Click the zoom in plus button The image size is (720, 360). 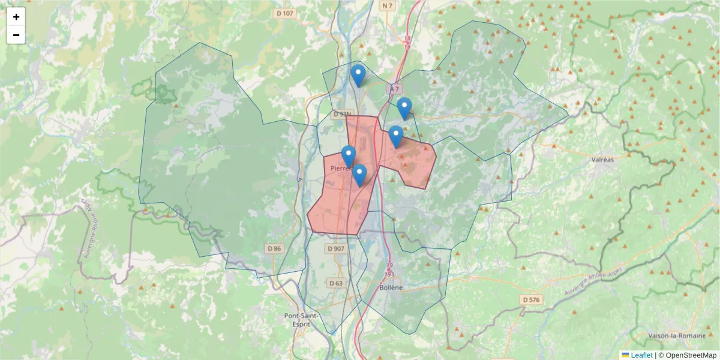(16, 17)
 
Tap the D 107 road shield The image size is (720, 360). (286, 13)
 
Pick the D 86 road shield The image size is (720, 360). (274, 248)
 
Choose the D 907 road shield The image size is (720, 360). (337, 248)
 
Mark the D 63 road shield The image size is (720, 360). (335, 283)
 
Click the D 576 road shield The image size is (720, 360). (532, 299)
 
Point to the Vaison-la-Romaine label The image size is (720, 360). (676, 335)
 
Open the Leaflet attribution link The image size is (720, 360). (641, 355)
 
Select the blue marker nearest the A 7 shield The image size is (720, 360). (404, 108)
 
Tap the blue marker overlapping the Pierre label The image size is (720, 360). (349, 156)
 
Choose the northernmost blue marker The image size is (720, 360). (358, 75)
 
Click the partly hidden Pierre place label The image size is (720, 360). (338, 169)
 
